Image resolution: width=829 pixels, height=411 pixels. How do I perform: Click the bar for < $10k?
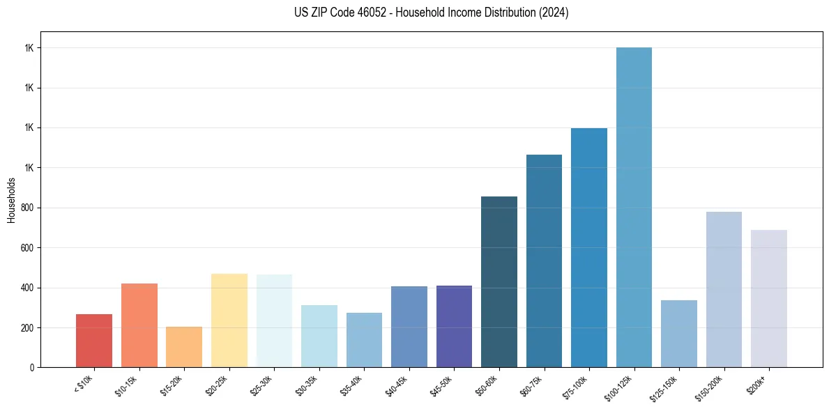point(94,341)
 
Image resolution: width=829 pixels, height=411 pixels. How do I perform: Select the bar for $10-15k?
point(139,325)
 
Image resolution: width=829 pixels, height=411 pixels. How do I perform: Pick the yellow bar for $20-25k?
point(229,320)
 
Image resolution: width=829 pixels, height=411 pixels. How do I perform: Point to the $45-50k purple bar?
point(454,326)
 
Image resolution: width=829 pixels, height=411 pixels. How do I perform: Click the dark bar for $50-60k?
point(499,281)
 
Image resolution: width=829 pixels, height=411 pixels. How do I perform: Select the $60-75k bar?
point(544,261)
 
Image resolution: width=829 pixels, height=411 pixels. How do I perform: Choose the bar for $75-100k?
point(589,247)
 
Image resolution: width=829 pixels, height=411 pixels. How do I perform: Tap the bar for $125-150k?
point(679,334)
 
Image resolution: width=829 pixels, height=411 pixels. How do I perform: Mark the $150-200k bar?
point(724,289)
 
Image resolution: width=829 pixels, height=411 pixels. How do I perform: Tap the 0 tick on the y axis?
point(31,368)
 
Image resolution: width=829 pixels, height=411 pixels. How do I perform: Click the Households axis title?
point(11,200)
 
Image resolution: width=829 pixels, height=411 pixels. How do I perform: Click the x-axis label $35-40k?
point(353,385)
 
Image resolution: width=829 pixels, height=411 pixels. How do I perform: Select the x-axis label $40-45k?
point(398,385)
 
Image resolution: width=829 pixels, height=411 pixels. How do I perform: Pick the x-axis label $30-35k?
point(308,385)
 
